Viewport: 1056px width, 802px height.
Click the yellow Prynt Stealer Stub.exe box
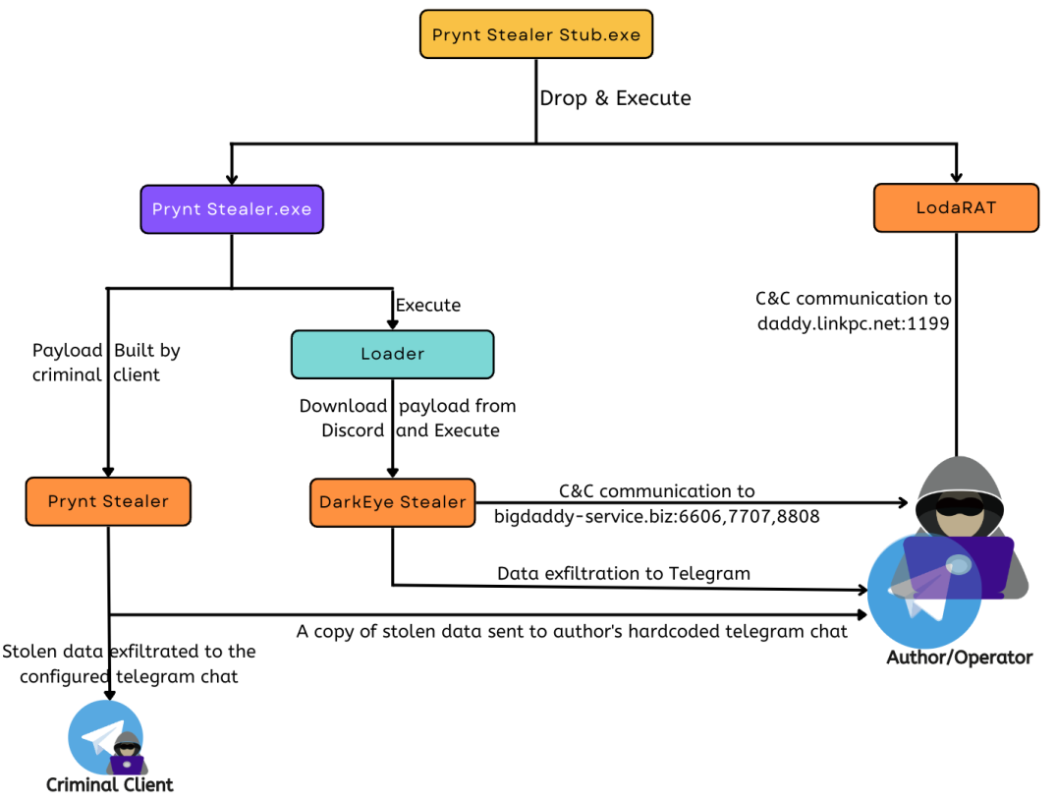point(535,36)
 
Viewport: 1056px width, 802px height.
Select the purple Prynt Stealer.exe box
point(232,208)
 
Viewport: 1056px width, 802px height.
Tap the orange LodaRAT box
point(955,207)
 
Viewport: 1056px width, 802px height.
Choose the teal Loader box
point(392,354)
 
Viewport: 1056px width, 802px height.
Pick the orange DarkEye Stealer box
point(392,501)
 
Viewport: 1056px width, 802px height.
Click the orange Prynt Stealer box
point(108,501)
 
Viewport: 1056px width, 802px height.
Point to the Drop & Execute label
point(616,98)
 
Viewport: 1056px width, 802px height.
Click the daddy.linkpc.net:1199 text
point(853,321)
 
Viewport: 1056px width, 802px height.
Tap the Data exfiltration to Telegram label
point(624,573)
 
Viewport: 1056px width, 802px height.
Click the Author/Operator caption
point(960,657)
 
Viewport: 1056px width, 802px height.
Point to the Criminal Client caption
point(110,784)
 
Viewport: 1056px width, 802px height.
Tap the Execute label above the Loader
point(427,305)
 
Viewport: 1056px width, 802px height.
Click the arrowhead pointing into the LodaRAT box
point(955,177)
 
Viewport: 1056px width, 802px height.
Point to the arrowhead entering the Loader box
point(392,324)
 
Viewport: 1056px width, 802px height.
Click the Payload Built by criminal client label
point(106,362)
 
